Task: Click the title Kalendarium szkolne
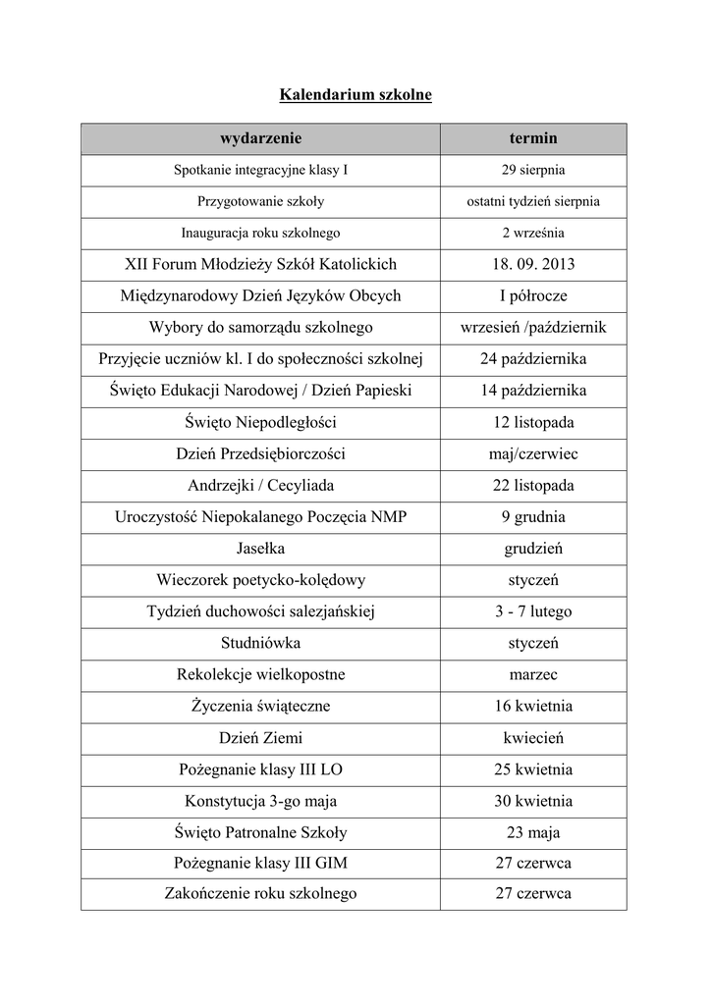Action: (x=356, y=95)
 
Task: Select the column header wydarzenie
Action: (x=260, y=138)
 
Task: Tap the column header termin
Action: (x=533, y=138)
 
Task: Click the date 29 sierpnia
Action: (x=533, y=170)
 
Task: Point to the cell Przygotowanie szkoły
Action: (x=260, y=201)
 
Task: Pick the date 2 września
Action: (x=533, y=233)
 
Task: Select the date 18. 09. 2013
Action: (x=533, y=264)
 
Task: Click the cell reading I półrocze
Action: (x=533, y=295)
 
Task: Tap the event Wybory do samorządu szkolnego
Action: (x=260, y=327)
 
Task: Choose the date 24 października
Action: (x=533, y=359)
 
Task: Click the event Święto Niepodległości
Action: (x=260, y=422)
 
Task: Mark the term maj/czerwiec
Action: (x=533, y=453)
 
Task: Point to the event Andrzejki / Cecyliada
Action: (x=260, y=485)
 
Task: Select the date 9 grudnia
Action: (x=533, y=516)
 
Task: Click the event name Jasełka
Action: (x=260, y=548)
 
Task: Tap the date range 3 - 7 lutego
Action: (x=533, y=611)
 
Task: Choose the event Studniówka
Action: (x=260, y=643)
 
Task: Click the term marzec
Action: (x=533, y=674)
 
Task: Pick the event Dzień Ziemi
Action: (x=260, y=737)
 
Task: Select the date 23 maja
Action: (x=533, y=832)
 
